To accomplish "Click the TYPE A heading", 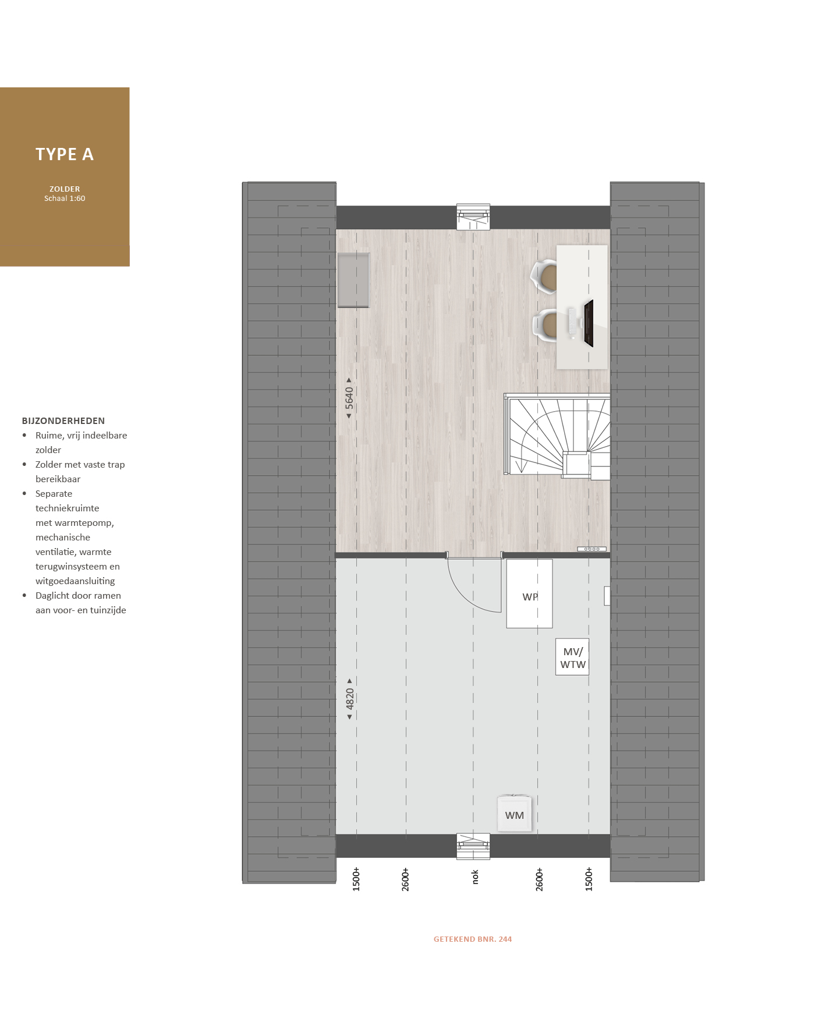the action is click(65, 154).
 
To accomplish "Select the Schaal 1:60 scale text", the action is click(65, 199).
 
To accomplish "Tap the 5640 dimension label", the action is click(349, 398).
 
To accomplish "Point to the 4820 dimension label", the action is click(350, 699).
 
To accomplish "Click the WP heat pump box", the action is click(529, 593).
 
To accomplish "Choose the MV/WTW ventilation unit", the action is click(572, 657).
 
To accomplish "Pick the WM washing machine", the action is click(515, 814).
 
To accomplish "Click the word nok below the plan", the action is click(475, 877).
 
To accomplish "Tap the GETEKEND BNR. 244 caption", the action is click(473, 939).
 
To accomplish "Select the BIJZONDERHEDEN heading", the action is click(63, 421).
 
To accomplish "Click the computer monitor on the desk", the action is click(589, 323).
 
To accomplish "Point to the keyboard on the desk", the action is click(572, 323).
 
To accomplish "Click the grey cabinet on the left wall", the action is click(353, 280).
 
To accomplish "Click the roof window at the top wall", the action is click(473, 217).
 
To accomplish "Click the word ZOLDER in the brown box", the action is click(65, 189).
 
